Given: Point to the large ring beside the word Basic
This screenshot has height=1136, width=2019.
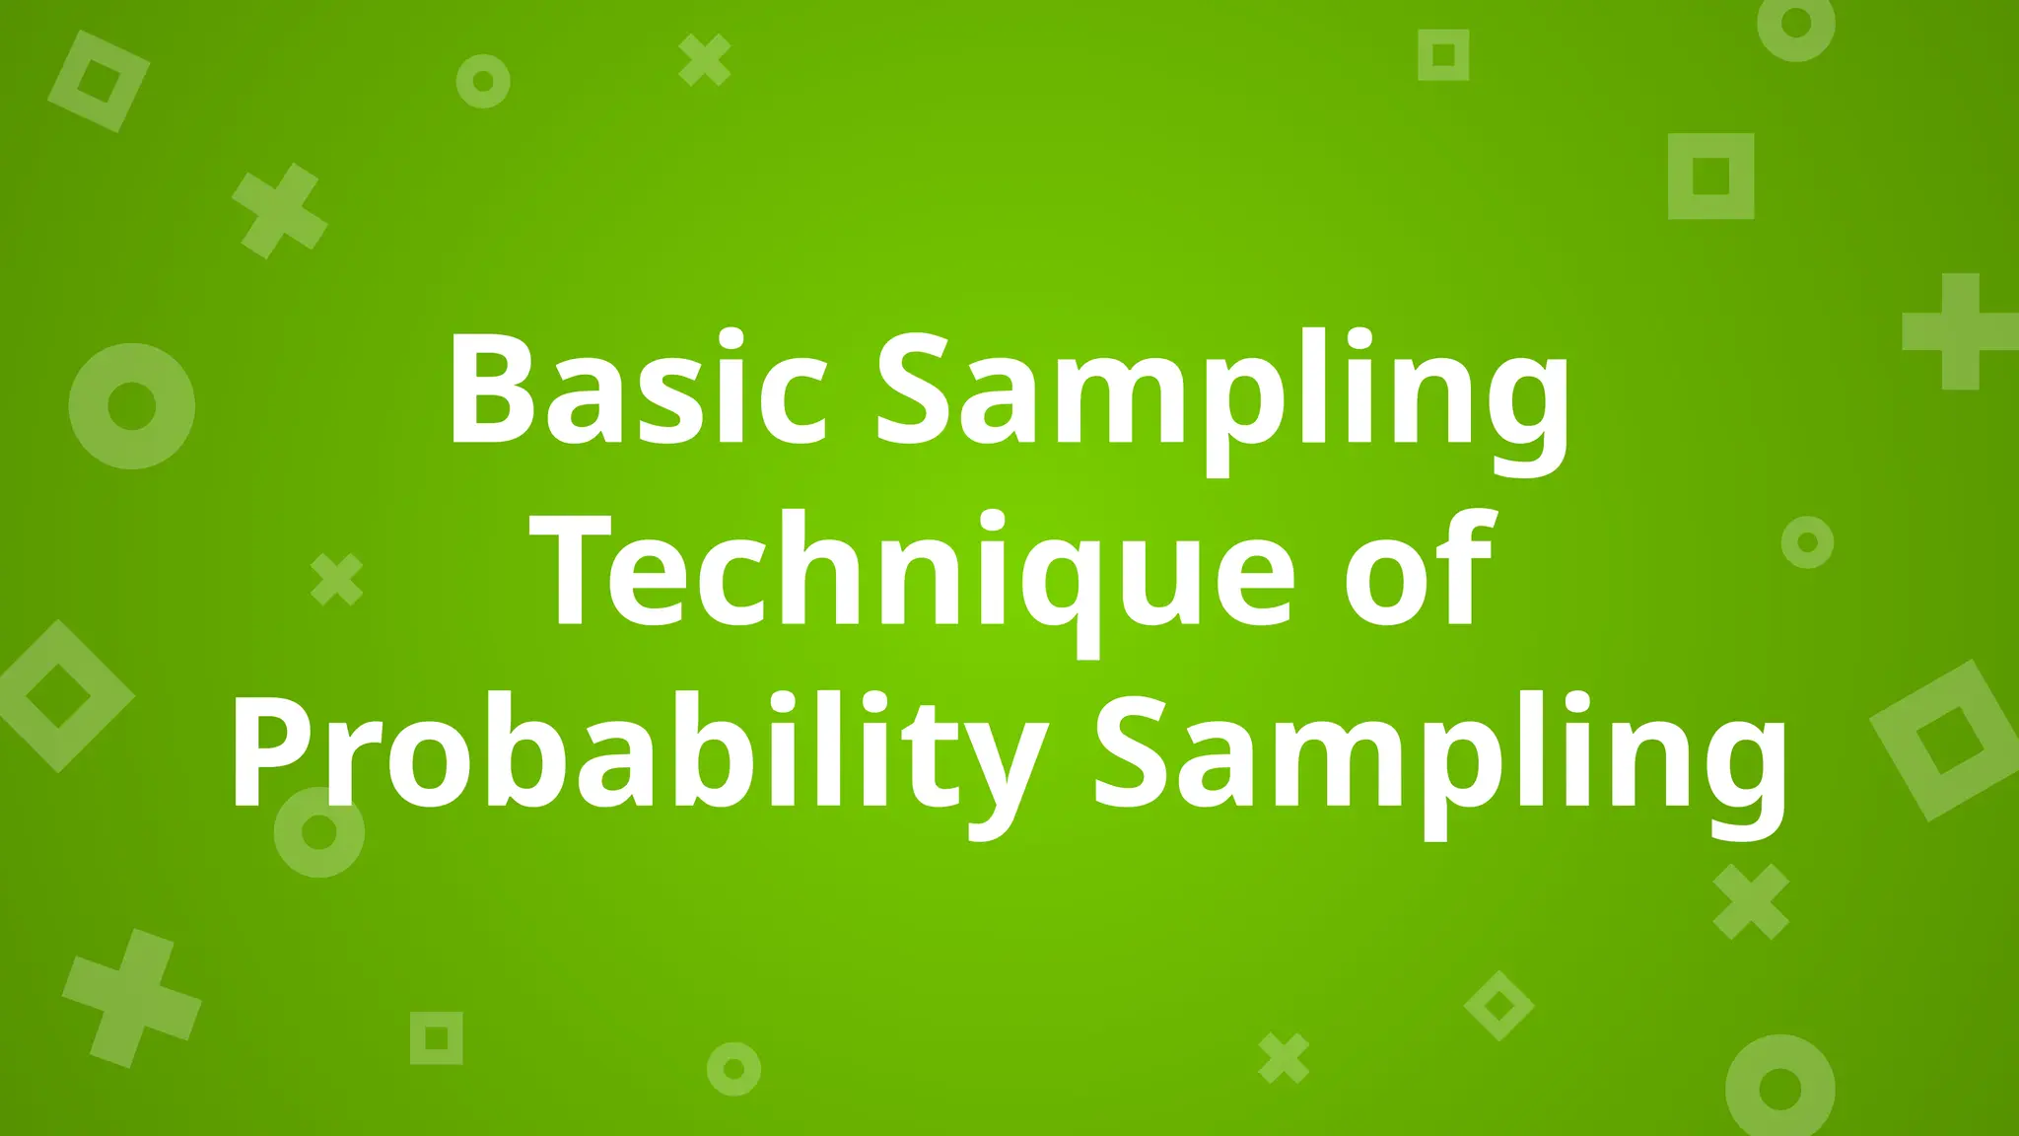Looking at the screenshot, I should pyautogui.click(x=131, y=405).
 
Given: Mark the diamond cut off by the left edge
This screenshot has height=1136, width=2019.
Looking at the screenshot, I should pyautogui.click(x=59, y=695).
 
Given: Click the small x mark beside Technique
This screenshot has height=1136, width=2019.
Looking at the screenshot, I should pyautogui.click(x=336, y=579).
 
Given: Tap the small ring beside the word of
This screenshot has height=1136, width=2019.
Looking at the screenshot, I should pyautogui.click(x=1807, y=541).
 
